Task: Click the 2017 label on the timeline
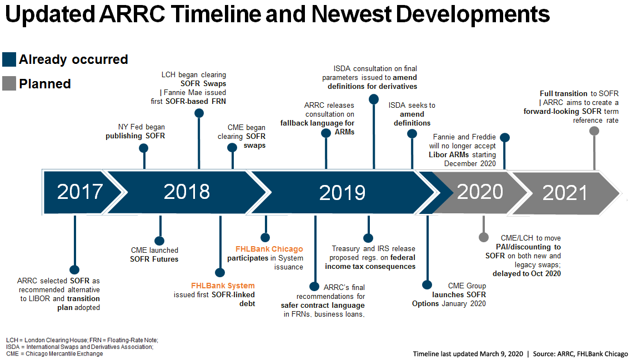click(80, 192)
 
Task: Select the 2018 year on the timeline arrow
click(187, 192)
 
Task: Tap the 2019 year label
click(342, 193)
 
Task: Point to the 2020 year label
click(480, 192)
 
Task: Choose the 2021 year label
click(565, 193)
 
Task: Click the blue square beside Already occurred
click(9, 59)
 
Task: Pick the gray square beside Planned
click(9, 83)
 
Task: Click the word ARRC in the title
click(132, 14)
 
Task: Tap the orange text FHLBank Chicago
click(269, 249)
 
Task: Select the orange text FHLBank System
click(223, 286)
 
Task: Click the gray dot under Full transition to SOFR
click(594, 131)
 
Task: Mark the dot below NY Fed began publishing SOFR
click(143, 148)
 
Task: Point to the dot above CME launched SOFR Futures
click(159, 241)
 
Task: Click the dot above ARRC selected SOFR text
click(74, 269)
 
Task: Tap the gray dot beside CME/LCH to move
click(484, 237)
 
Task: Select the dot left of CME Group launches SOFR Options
click(427, 285)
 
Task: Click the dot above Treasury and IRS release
click(368, 238)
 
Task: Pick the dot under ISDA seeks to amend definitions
click(412, 134)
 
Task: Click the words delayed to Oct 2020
click(526, 274)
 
